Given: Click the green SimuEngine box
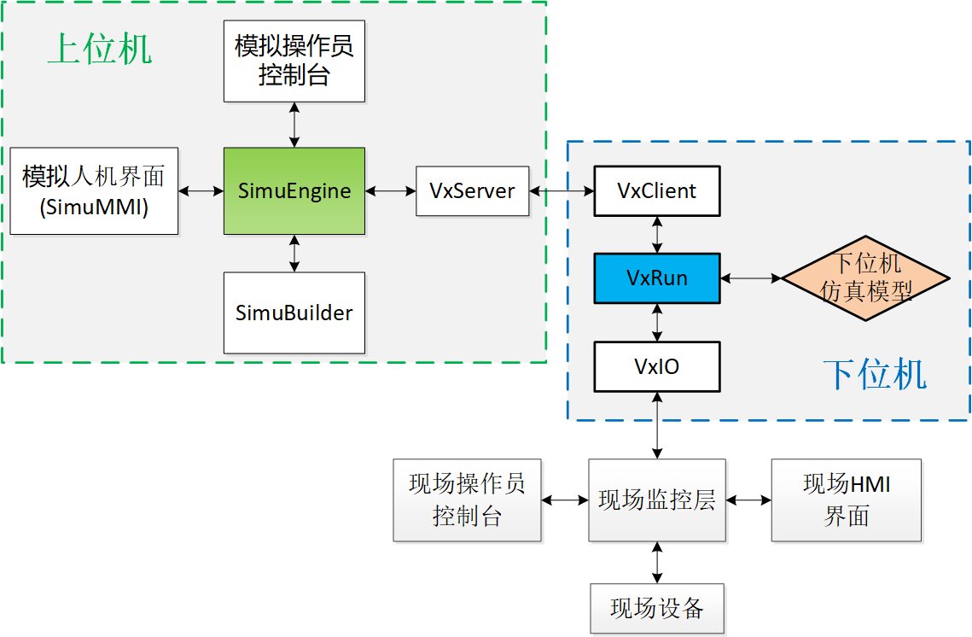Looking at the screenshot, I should tap(294, 191).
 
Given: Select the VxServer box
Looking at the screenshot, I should tap(472, 190).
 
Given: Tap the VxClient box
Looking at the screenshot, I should tap(657, 190).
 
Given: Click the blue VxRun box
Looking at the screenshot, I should tap(657, 278).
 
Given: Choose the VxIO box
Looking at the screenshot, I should tap(657, 366).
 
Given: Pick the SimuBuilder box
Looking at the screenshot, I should tap(294, 313).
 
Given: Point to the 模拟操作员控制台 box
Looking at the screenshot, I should tap(294, 60).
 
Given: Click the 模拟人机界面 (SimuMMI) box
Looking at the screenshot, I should tap(94, 190).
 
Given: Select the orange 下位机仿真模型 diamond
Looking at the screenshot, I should tap(866, 278).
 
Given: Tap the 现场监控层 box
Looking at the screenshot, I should tap(657, 500).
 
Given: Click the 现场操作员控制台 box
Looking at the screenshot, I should tap(467, 500).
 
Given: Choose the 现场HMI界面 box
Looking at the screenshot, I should tap(847, 500).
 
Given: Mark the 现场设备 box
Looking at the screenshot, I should tap(657, 609).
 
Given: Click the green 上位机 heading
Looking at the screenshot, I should tap(99, 50).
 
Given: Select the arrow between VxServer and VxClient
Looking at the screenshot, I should tap(561, 190).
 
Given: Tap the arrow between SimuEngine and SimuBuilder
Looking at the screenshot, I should tap(294, 254).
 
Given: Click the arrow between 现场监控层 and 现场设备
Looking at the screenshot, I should tap(657, 563).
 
